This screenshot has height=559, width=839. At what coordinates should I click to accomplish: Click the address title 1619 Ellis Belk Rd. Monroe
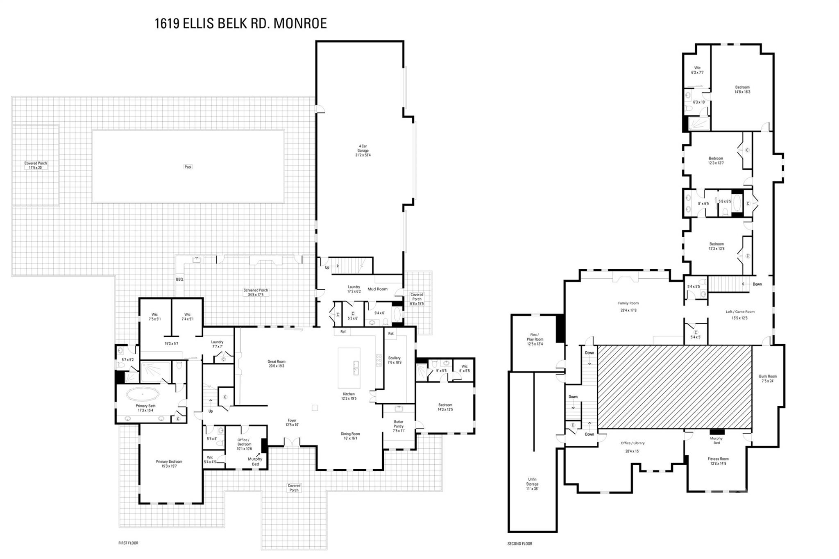click(x=240, y=23)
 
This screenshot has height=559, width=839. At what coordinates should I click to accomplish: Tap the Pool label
click(x=188, y=167)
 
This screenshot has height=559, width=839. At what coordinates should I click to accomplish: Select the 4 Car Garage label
click(x=363, y=150)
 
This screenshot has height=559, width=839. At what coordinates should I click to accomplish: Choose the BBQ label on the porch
click(x=179, y=279)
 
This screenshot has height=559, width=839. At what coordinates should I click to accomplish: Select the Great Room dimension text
click(x=276, y=366)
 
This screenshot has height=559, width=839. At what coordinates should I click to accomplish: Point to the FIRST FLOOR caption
click(x=128, y=543)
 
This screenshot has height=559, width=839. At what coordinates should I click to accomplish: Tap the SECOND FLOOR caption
click(x=519, y=544)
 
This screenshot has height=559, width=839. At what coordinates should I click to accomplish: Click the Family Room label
click(x=628, y=303)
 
